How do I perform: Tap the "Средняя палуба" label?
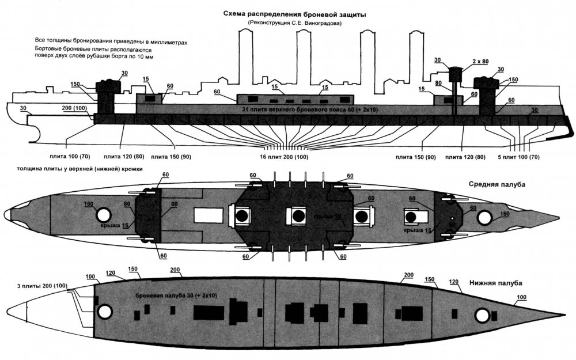499,184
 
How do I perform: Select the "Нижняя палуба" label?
496,283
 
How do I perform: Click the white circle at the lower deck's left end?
104,312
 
